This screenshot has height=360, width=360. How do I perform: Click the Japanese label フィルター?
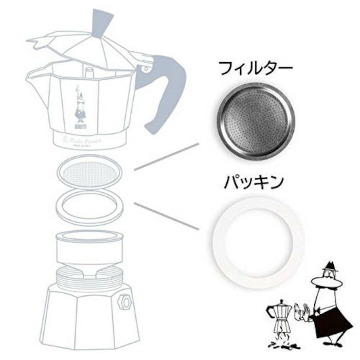pyautogui.click(x=255, y=68)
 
